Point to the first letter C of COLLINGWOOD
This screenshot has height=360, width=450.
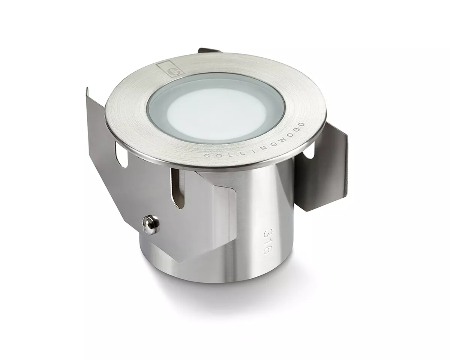point(207,155)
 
